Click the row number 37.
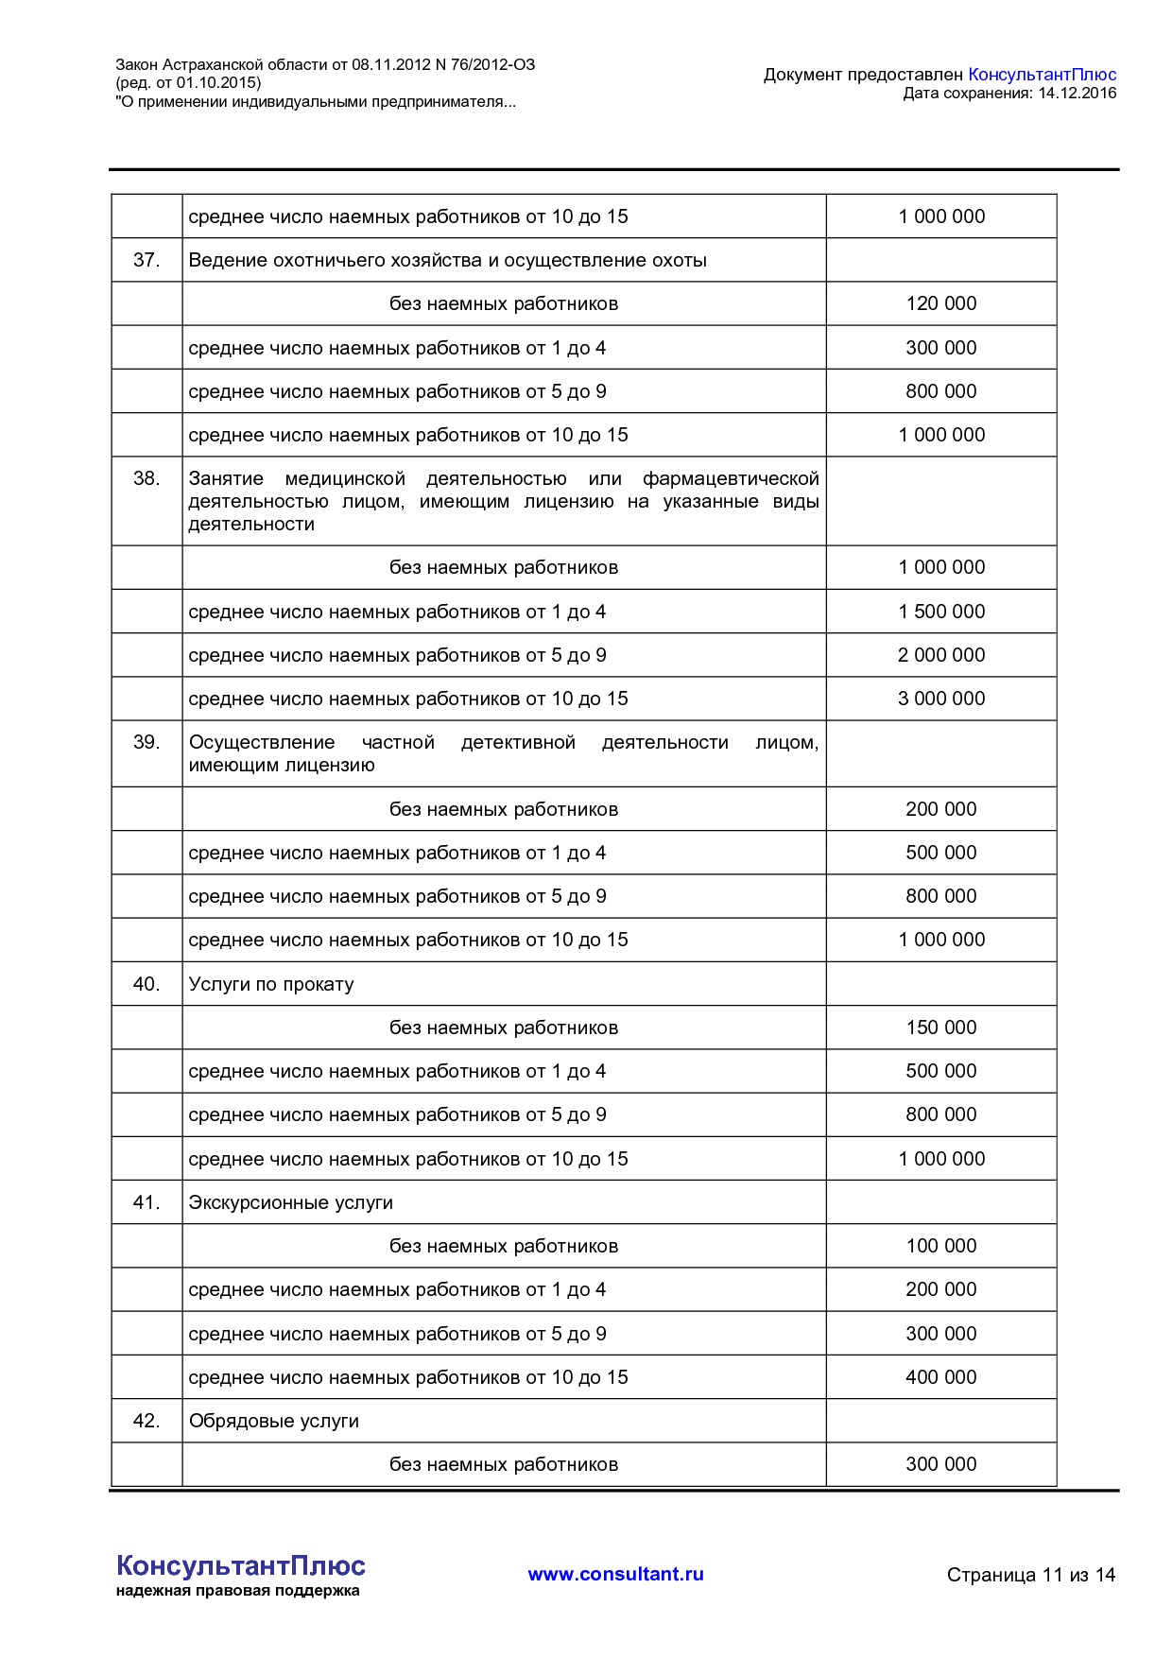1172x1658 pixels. (146, 260)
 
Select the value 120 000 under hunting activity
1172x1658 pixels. (940, 303)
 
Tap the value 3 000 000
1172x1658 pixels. (940, 699)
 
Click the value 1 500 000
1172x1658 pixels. (940, 612)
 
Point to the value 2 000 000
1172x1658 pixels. (940, 655)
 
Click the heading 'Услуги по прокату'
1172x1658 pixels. (271, 984)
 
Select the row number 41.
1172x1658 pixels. (146, 1202)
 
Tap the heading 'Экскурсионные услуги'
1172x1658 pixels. (290, 1202)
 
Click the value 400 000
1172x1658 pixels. (940, 1377)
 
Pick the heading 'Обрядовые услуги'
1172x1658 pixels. (274, 1421)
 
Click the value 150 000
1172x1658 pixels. (940, 1028)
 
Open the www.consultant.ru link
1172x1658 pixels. (615, 1574)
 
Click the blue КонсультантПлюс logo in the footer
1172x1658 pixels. (240, 1566)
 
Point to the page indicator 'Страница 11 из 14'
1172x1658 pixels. (1030, 1575)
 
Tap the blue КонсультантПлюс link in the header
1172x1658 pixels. (1042, 74)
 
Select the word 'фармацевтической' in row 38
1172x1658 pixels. (730, 478)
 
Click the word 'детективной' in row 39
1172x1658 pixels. (518, 742)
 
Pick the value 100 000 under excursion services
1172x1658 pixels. (940, 1246)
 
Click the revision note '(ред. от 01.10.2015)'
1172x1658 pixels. (188, 83)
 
